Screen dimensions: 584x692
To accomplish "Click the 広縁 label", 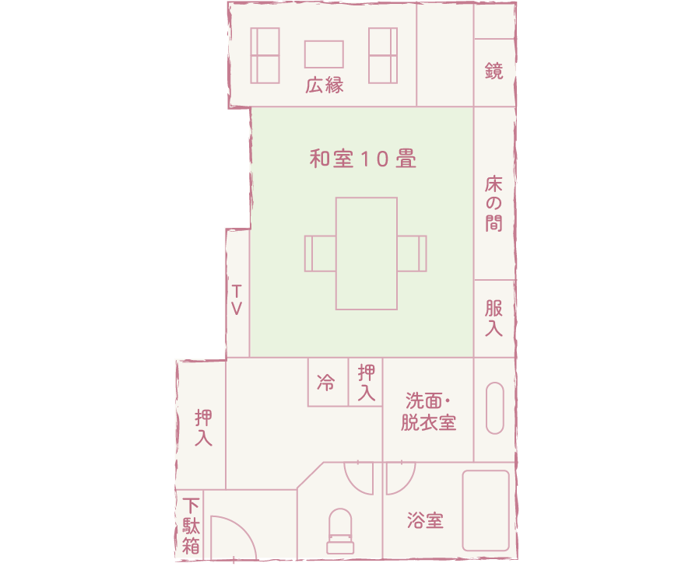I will (x=325, y=85).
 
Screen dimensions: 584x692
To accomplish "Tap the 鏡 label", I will (x=494, y=72).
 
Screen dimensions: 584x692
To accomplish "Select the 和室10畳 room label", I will (x=363, y=159).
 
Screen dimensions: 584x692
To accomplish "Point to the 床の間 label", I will (x=494, y=205).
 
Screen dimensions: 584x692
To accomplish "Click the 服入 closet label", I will (x=494, y=318).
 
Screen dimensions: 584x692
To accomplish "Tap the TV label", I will (x=237, y=299).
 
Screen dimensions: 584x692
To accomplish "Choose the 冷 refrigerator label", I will (x=326, y=383).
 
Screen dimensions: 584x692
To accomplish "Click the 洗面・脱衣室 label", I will (x=428, y=412).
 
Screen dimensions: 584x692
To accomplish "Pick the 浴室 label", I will (x=425, y=521).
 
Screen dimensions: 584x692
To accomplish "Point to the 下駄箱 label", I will (x=191, y=525).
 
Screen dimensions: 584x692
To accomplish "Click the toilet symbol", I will (x=340, y=530).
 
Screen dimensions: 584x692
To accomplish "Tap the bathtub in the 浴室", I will (x=486, y=510).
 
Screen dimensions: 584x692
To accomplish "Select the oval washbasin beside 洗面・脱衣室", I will (x=495, y=407).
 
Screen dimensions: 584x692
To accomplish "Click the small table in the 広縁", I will (x=324, y=54).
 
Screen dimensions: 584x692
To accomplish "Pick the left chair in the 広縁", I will (x=265, y=55).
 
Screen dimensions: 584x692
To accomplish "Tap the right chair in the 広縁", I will (x=383, y=55).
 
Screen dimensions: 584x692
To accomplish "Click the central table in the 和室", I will (x=367, y=254).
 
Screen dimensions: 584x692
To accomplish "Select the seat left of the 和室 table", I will (x=319, y=254).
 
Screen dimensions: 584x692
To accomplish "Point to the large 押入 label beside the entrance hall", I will (x=203, y=428).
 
